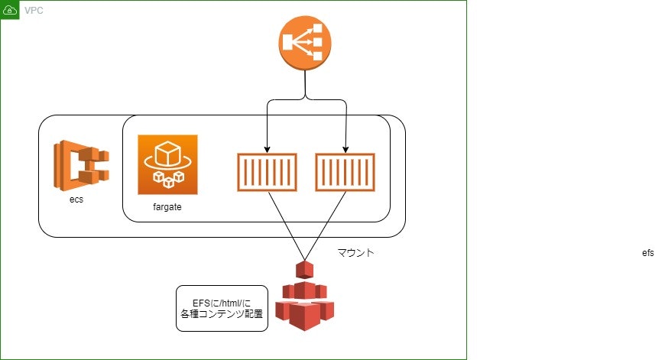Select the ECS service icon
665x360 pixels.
(81, 164)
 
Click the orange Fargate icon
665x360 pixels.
(167, 164)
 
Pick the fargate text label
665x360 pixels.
(167, 207)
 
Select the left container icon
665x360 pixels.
(266, 172)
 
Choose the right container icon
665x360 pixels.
(345, 172)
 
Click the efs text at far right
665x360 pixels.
(648, 253)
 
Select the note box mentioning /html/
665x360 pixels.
(222, 308)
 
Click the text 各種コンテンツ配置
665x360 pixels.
(222, 314)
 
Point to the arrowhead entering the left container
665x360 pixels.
(266, 149)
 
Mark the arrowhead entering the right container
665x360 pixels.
(346, 149)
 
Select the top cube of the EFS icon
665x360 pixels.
(305, 269)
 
